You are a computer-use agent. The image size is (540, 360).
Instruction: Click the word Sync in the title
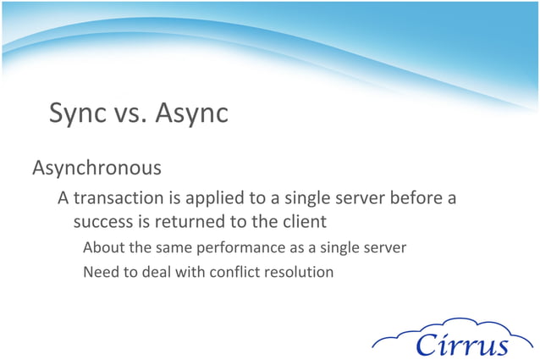pos(77,113)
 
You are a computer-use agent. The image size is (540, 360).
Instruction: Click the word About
pos(102,248)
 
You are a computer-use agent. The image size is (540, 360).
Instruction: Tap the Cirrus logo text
pos(462,344)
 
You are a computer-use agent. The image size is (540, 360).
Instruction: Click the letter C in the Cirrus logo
pos(427,344)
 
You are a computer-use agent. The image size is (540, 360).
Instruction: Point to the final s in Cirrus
pos(501,346)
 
